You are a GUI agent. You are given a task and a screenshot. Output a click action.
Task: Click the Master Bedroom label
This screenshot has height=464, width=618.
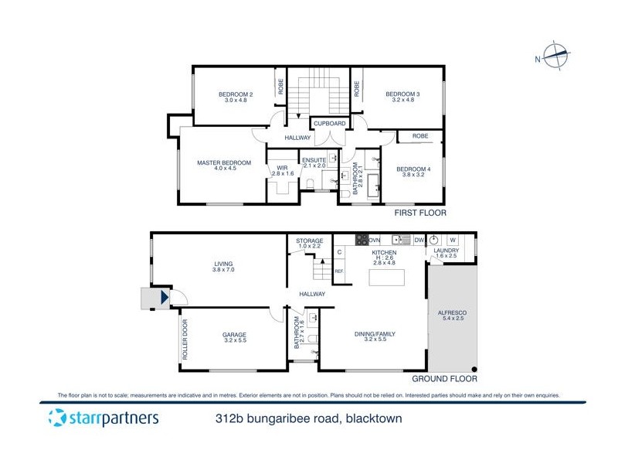point(224,162)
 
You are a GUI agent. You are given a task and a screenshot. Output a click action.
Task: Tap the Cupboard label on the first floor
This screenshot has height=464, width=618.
point(329,123)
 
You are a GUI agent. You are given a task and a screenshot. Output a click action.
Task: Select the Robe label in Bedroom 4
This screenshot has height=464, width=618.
point(420,136)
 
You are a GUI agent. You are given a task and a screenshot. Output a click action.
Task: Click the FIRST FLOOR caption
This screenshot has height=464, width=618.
point(419,213)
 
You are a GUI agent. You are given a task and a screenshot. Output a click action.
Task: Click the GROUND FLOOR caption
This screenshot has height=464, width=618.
point(444,379)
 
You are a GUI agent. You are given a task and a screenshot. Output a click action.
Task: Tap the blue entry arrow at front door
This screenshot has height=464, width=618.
point(164,297)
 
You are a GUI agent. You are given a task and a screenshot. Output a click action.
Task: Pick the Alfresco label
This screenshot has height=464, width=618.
point(453,312)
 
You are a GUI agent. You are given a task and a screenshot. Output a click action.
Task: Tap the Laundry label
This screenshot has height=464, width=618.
point(447,251)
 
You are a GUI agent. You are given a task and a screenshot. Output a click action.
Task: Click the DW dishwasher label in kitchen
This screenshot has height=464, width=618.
point(418,240)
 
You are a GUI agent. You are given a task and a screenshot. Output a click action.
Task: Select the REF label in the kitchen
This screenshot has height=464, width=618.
point(339,271)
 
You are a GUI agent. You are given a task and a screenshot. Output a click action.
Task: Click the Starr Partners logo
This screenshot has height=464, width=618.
point(104,419)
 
